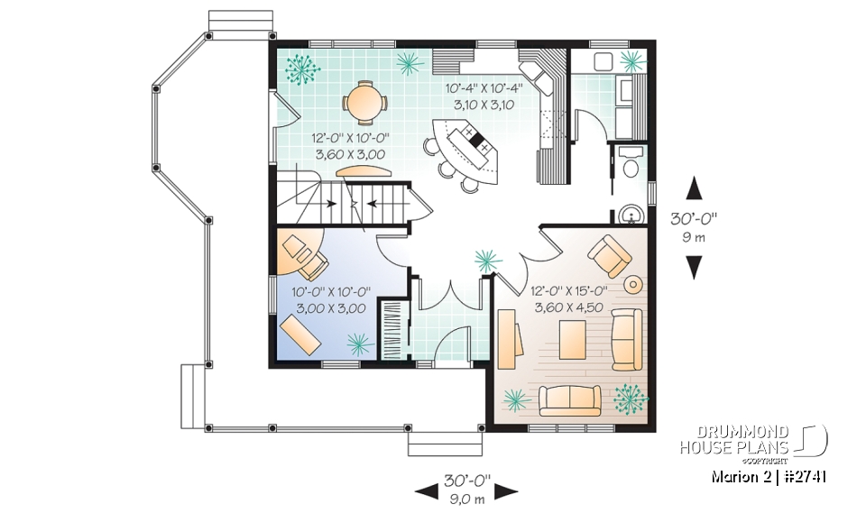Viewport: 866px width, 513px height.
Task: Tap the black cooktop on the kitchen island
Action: click(476, 141)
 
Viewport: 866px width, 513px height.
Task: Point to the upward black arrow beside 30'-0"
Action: click(694, 188)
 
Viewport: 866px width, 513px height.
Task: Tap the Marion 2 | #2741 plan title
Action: click(770, 476)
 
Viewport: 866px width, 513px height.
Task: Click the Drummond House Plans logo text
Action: click(734, 439)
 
